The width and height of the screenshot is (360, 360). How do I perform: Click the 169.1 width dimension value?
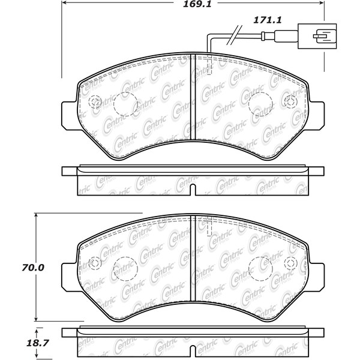click(x=197, y=4)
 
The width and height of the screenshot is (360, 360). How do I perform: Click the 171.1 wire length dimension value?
click(x=267, y=20)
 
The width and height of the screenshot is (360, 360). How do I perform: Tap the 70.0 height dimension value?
click(x=33, y=268)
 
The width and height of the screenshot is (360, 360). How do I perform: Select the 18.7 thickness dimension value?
click(x=38, y=343)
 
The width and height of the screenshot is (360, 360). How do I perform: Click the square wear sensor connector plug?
click(x=317, y=36)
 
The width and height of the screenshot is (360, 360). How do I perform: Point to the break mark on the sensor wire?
click(x=235, y=35)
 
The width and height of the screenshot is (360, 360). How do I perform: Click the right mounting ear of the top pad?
click(x=316, y=114)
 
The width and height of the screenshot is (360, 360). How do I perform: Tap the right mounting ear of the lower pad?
click(x=316, y=277)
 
